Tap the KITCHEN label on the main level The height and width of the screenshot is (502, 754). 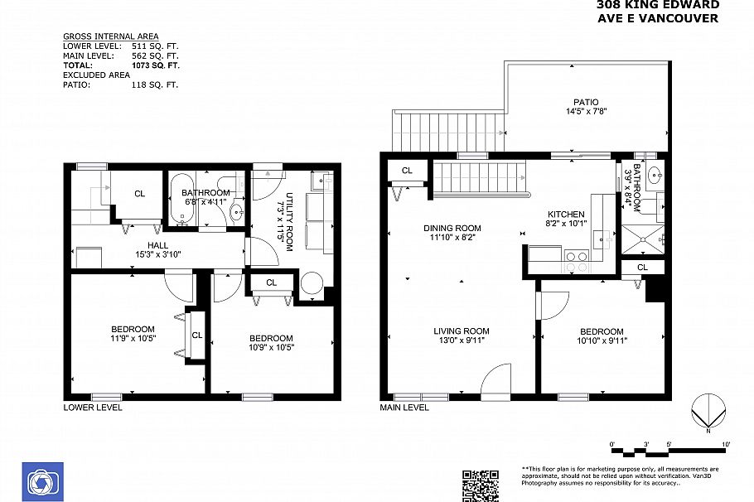click(x=566, y=214)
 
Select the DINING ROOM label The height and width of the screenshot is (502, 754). click(x=452, y=228)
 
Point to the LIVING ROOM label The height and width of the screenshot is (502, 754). click(x=461, y=331)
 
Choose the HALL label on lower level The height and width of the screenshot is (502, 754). click(x=157, y=245)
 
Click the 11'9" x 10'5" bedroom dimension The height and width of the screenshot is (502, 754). click(x=133, y=338)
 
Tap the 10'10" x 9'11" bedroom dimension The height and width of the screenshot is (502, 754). click(x=602, y=340)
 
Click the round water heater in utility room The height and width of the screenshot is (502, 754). click(x=312, y=284)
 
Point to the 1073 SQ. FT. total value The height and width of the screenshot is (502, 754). click(x=155, y=65)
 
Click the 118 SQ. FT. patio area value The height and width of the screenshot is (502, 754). click(x=155, y=84)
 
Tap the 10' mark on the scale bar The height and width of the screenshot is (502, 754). click(x=726, y=446)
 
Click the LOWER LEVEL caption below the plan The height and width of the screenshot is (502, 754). click(x=93, y=408)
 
